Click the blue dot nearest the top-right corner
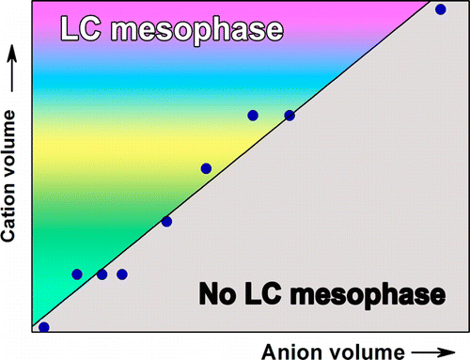[x=441, y=10]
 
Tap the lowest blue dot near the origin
[x=43, y=326]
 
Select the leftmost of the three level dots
[x=77, y=274]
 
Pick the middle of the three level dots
[x=102, y=274]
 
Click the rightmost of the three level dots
[x=121, y=274]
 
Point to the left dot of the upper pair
[x=253, y=116]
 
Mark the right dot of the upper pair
[x=290, y=116]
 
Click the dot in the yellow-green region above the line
[x=206, y=168]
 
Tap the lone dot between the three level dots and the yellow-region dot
[x=166, y=222]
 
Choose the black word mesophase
[x=371, y=295]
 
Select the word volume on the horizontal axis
[x=369, y=351]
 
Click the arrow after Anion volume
[x=441, y=351]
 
